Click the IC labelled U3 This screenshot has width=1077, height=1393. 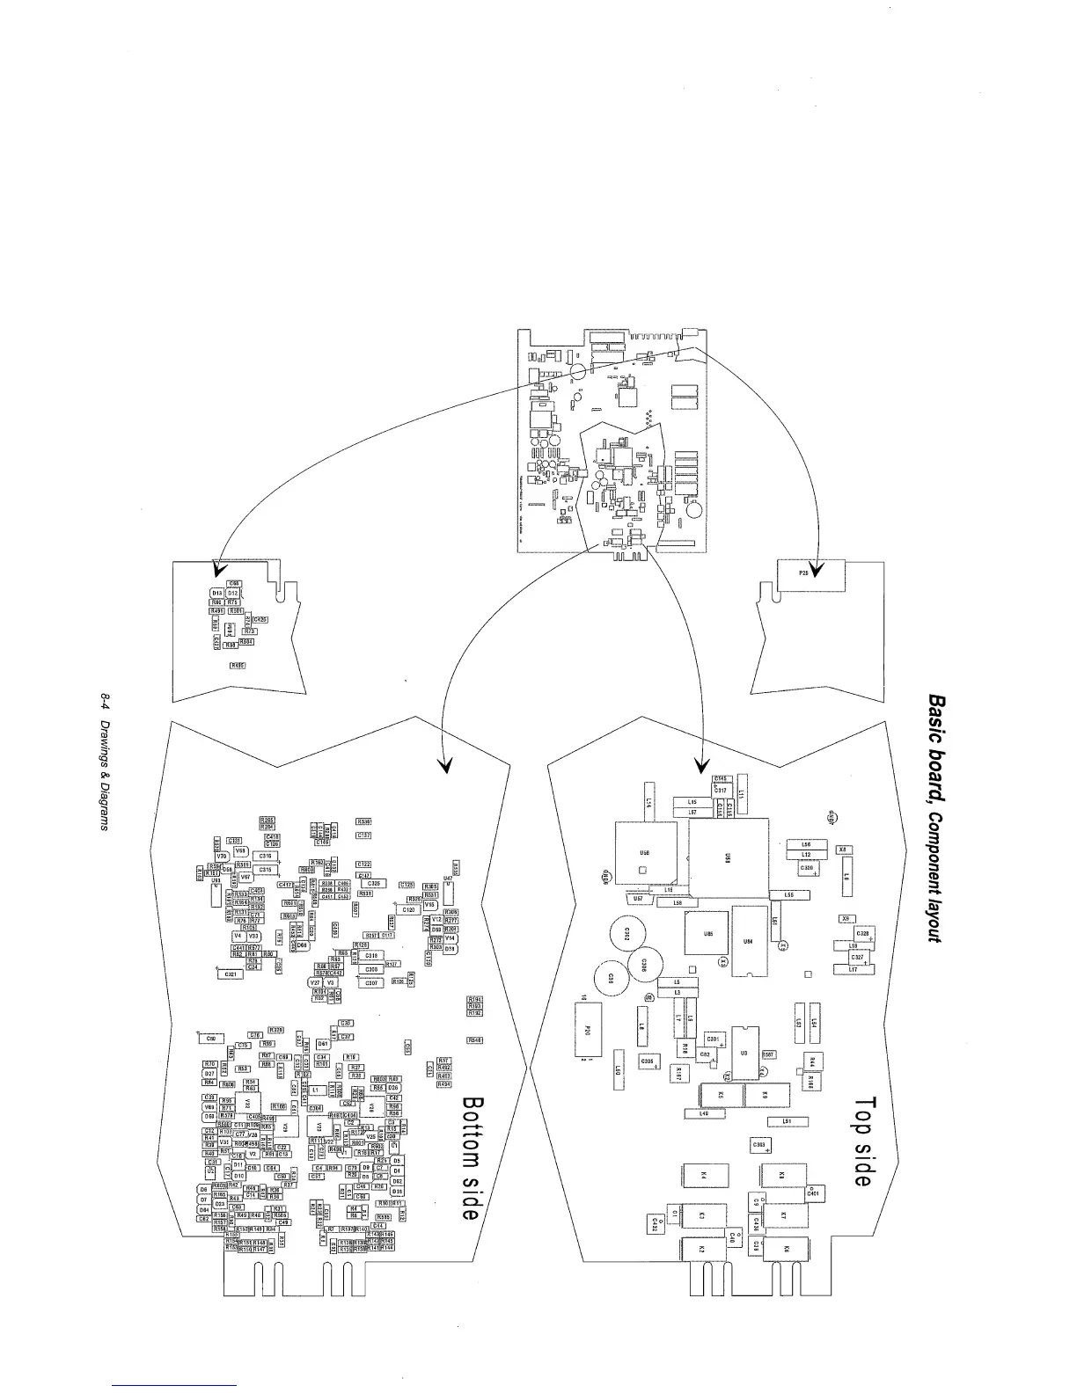744,1052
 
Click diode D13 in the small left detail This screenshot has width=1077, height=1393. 217,594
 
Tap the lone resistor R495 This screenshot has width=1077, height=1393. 237,665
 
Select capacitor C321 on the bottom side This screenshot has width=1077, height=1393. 230,974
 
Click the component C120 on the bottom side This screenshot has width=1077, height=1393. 407,910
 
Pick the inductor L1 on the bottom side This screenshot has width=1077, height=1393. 314,1090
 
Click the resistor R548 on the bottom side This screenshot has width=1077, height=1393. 475,1040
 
